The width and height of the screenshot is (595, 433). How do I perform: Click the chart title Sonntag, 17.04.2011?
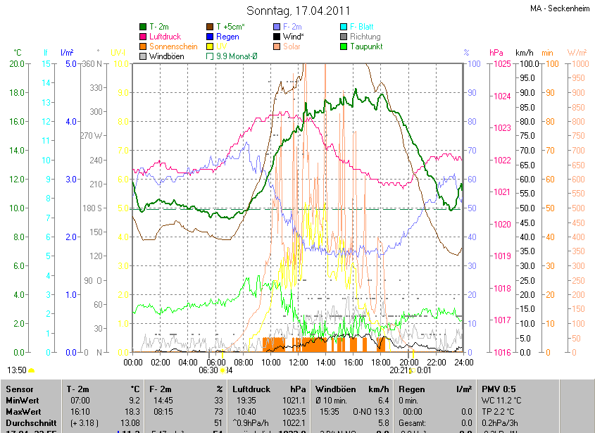coord(298,11)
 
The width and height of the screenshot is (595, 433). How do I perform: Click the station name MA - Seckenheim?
coord(560,8)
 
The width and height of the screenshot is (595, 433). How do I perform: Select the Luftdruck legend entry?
coord(165,37)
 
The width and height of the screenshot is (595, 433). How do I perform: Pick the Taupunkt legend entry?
coord(366,46)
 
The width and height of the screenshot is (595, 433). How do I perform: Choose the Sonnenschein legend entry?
coord(173,46)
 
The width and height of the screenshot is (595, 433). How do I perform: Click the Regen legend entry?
coord(227,37)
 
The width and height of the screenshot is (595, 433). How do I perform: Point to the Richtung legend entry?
coord(365,37)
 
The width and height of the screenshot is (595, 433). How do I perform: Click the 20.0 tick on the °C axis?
coord(17,64)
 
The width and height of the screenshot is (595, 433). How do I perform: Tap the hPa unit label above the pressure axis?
coord(496,53)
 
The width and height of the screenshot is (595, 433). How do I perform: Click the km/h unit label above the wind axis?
coord(525,53)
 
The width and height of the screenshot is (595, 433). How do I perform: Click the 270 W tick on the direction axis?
coord(92,136)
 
